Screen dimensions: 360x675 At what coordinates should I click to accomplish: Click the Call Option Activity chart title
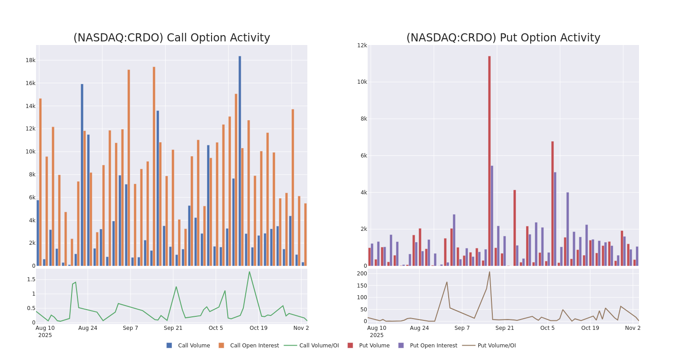171,38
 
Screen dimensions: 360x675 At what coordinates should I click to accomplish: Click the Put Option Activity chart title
503,38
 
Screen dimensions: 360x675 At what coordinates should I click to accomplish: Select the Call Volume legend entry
189,346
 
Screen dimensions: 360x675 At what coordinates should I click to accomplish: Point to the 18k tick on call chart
30,60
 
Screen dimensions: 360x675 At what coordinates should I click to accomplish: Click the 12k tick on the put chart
362,45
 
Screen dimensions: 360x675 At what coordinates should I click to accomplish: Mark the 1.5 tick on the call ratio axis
31,279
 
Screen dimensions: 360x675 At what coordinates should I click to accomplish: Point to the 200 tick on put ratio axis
362,274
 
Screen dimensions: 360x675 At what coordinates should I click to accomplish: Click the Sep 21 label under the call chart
173,328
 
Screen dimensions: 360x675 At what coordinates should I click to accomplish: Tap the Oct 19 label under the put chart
590,328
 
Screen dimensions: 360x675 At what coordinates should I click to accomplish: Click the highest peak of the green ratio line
249,272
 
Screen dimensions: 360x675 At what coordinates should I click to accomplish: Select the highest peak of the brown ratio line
490,272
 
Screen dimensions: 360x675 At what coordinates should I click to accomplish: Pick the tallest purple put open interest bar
492,216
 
